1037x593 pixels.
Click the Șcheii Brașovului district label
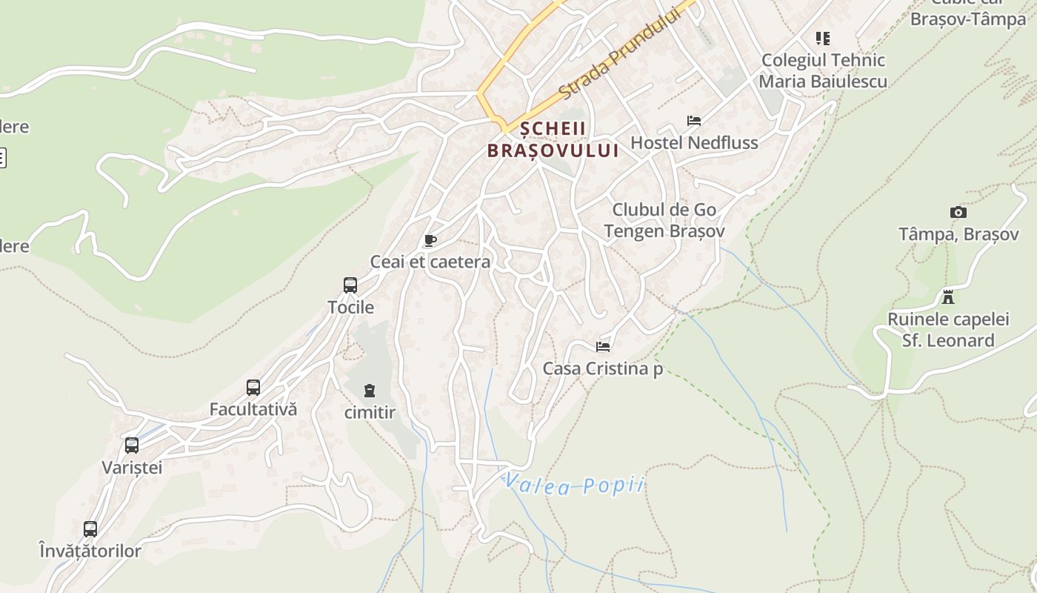552,139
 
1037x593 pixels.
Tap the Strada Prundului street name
618,53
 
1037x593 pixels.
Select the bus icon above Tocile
350,285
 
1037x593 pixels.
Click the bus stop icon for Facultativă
253,388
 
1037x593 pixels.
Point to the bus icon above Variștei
132,445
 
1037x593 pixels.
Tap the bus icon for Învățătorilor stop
90,529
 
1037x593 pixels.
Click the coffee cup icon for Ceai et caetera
430,240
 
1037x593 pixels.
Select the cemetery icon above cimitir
369,391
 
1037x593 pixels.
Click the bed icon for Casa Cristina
603,346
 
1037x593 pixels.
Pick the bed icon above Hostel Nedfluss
694,121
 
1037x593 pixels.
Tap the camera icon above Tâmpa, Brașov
958,213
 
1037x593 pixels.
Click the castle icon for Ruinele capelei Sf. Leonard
947,297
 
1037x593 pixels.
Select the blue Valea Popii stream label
574,485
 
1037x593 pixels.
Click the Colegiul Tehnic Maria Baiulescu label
823,70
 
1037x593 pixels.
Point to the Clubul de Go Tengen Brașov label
664,220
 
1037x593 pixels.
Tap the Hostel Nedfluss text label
694,142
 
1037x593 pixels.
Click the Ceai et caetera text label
430,262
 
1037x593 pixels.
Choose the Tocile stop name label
350,307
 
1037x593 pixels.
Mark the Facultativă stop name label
253,409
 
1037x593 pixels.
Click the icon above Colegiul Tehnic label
823,38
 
